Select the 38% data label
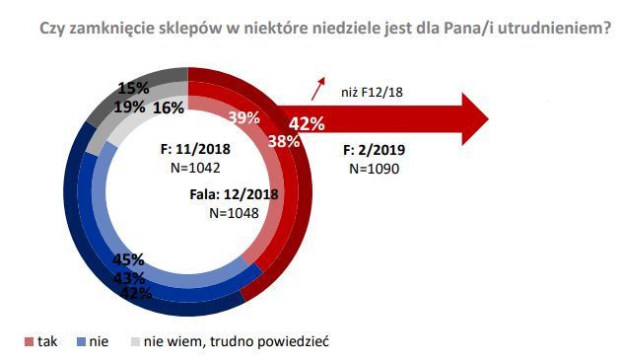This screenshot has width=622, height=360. pyautogui.click(x=284, y=140)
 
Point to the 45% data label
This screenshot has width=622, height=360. pyautogui.click(x=130, y=260)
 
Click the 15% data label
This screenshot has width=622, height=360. pyautogui.click(x=133, y=88)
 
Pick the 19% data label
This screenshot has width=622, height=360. pyautogui.click(x=129, y=107)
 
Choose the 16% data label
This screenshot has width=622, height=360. pyautogui.click(x=169, y=107)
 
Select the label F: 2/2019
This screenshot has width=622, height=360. pyautogui.click(x=374, y=152)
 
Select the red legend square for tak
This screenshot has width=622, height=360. pyautogui.click(x=29, y=342)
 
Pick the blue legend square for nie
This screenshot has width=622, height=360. pyautogui.click(x=81, y=342)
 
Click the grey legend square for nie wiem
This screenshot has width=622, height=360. pyautogui.click(x=135, y=342)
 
